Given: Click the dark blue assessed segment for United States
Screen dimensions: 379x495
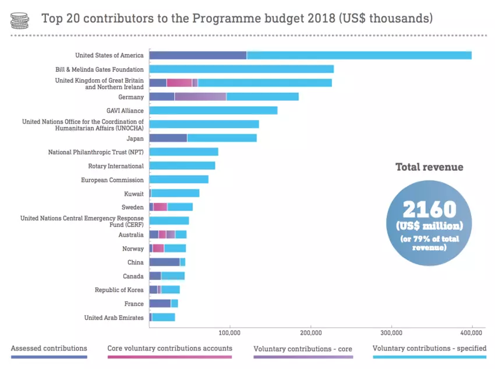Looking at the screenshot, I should (x=198, y=55).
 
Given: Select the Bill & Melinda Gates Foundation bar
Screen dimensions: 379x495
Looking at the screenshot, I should (x=242, y=69).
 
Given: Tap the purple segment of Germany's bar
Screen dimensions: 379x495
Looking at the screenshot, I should (x=200, y=96).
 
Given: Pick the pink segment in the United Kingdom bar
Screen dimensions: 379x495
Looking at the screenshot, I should (x=179, y=83).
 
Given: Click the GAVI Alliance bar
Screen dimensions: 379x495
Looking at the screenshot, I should (x=213, y=110).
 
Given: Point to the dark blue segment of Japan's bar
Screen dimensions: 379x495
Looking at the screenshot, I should (x=168, y=138).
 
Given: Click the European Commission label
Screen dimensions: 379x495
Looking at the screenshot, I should (x=112, y=180).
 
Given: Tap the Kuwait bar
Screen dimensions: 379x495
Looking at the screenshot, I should (x=175, y=193).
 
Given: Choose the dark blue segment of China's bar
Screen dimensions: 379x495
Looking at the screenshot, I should (x=165, y=262).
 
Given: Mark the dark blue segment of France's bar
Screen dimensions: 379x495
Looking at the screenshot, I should (x=160, y=304).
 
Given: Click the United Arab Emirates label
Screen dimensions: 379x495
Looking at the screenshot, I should (x=114, y=318).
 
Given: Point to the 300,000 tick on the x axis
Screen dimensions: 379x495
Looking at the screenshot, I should (x=391, y=332).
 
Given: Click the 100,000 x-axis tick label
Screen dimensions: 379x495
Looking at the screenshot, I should (x=230, y=332).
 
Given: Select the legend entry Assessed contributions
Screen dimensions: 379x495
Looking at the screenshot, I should (x=49, y=349).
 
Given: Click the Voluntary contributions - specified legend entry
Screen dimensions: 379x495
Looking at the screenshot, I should (x=429, y=349).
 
